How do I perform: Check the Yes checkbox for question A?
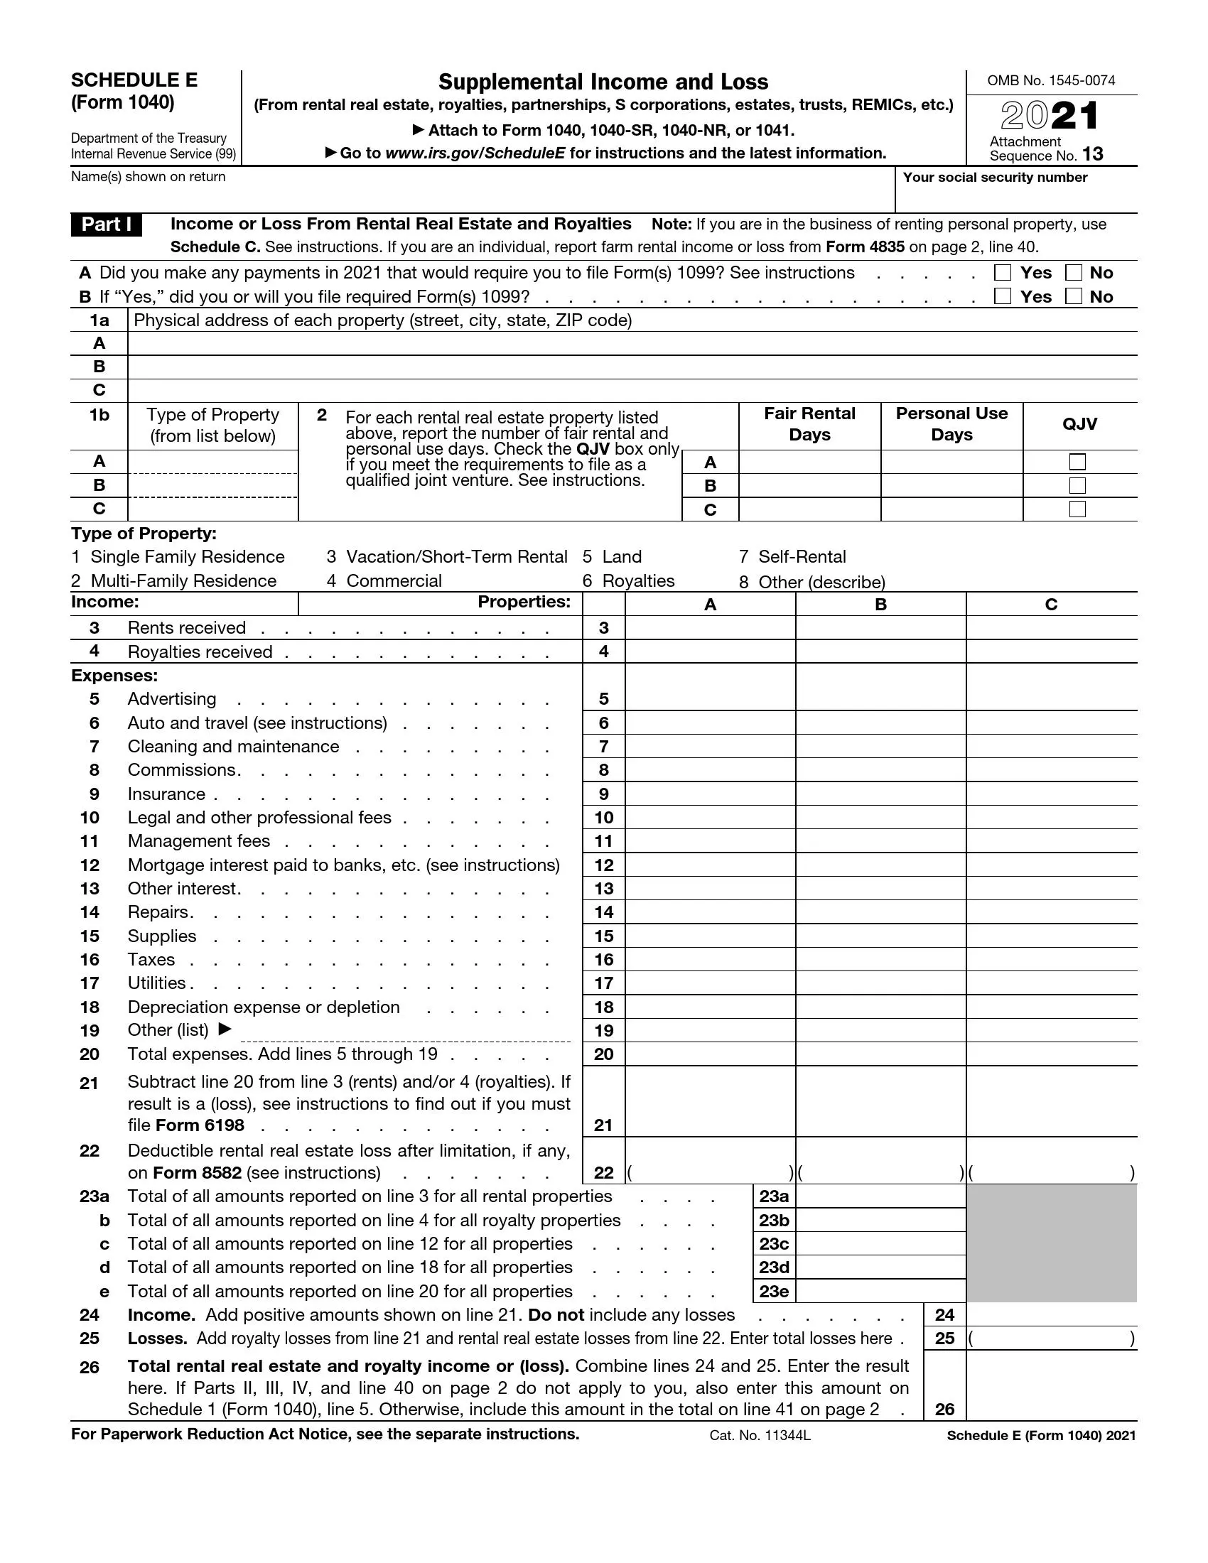coord(1003,273)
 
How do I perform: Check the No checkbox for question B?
coord(1074,296)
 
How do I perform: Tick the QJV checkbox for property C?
coord(1077,509)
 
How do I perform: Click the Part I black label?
coord(106,225)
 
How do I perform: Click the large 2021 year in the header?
coord(1049,116)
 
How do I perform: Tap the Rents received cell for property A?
coord(710,627)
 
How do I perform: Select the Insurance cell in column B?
coord(880,794)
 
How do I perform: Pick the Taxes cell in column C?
coord(1050,960)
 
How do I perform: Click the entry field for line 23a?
coord(880,1196)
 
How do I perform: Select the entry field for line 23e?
coord(880,1291)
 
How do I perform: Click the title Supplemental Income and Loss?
coord(603,82)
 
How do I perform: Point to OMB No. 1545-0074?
coord(1050,81)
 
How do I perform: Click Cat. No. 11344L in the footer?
coord(760,1435)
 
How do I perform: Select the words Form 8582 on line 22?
coord(197,1173)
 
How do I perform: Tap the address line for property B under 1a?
coord(632,367)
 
